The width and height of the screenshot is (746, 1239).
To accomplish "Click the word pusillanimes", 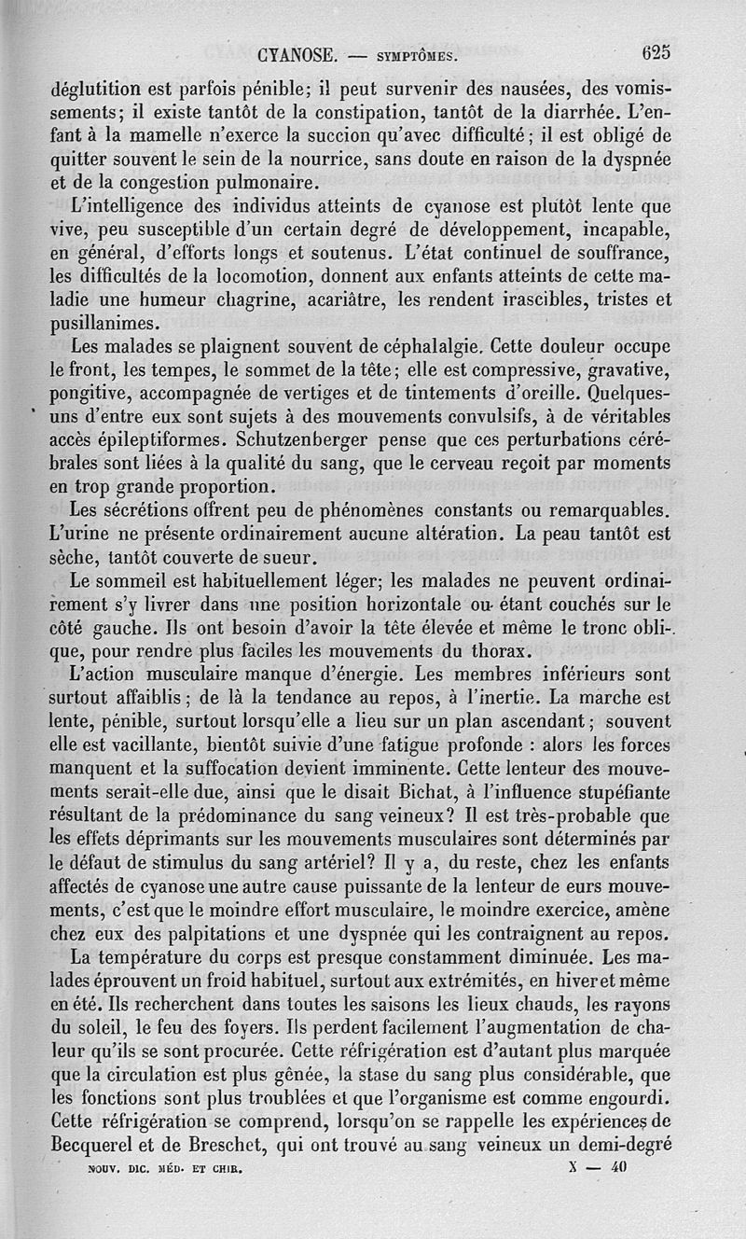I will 104,324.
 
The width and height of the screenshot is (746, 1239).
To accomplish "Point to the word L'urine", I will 79,536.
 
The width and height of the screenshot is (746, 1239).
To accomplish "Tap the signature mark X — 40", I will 597,1166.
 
